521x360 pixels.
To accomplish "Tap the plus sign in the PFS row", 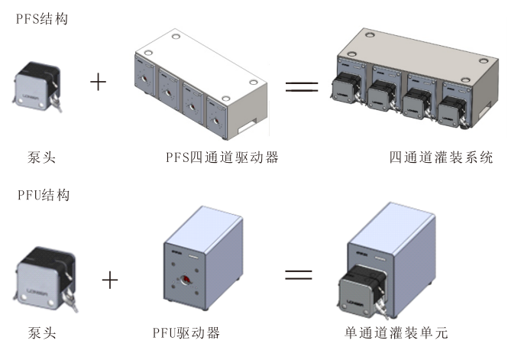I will click(x=99, y=82).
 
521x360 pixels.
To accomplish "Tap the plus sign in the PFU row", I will click(x=110, y=280).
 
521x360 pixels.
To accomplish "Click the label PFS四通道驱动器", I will click(x=222, y=158).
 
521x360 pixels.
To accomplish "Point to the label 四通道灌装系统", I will click(x=441, y=158).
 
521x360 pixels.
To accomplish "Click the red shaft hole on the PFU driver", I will click(x=184, y=278).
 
